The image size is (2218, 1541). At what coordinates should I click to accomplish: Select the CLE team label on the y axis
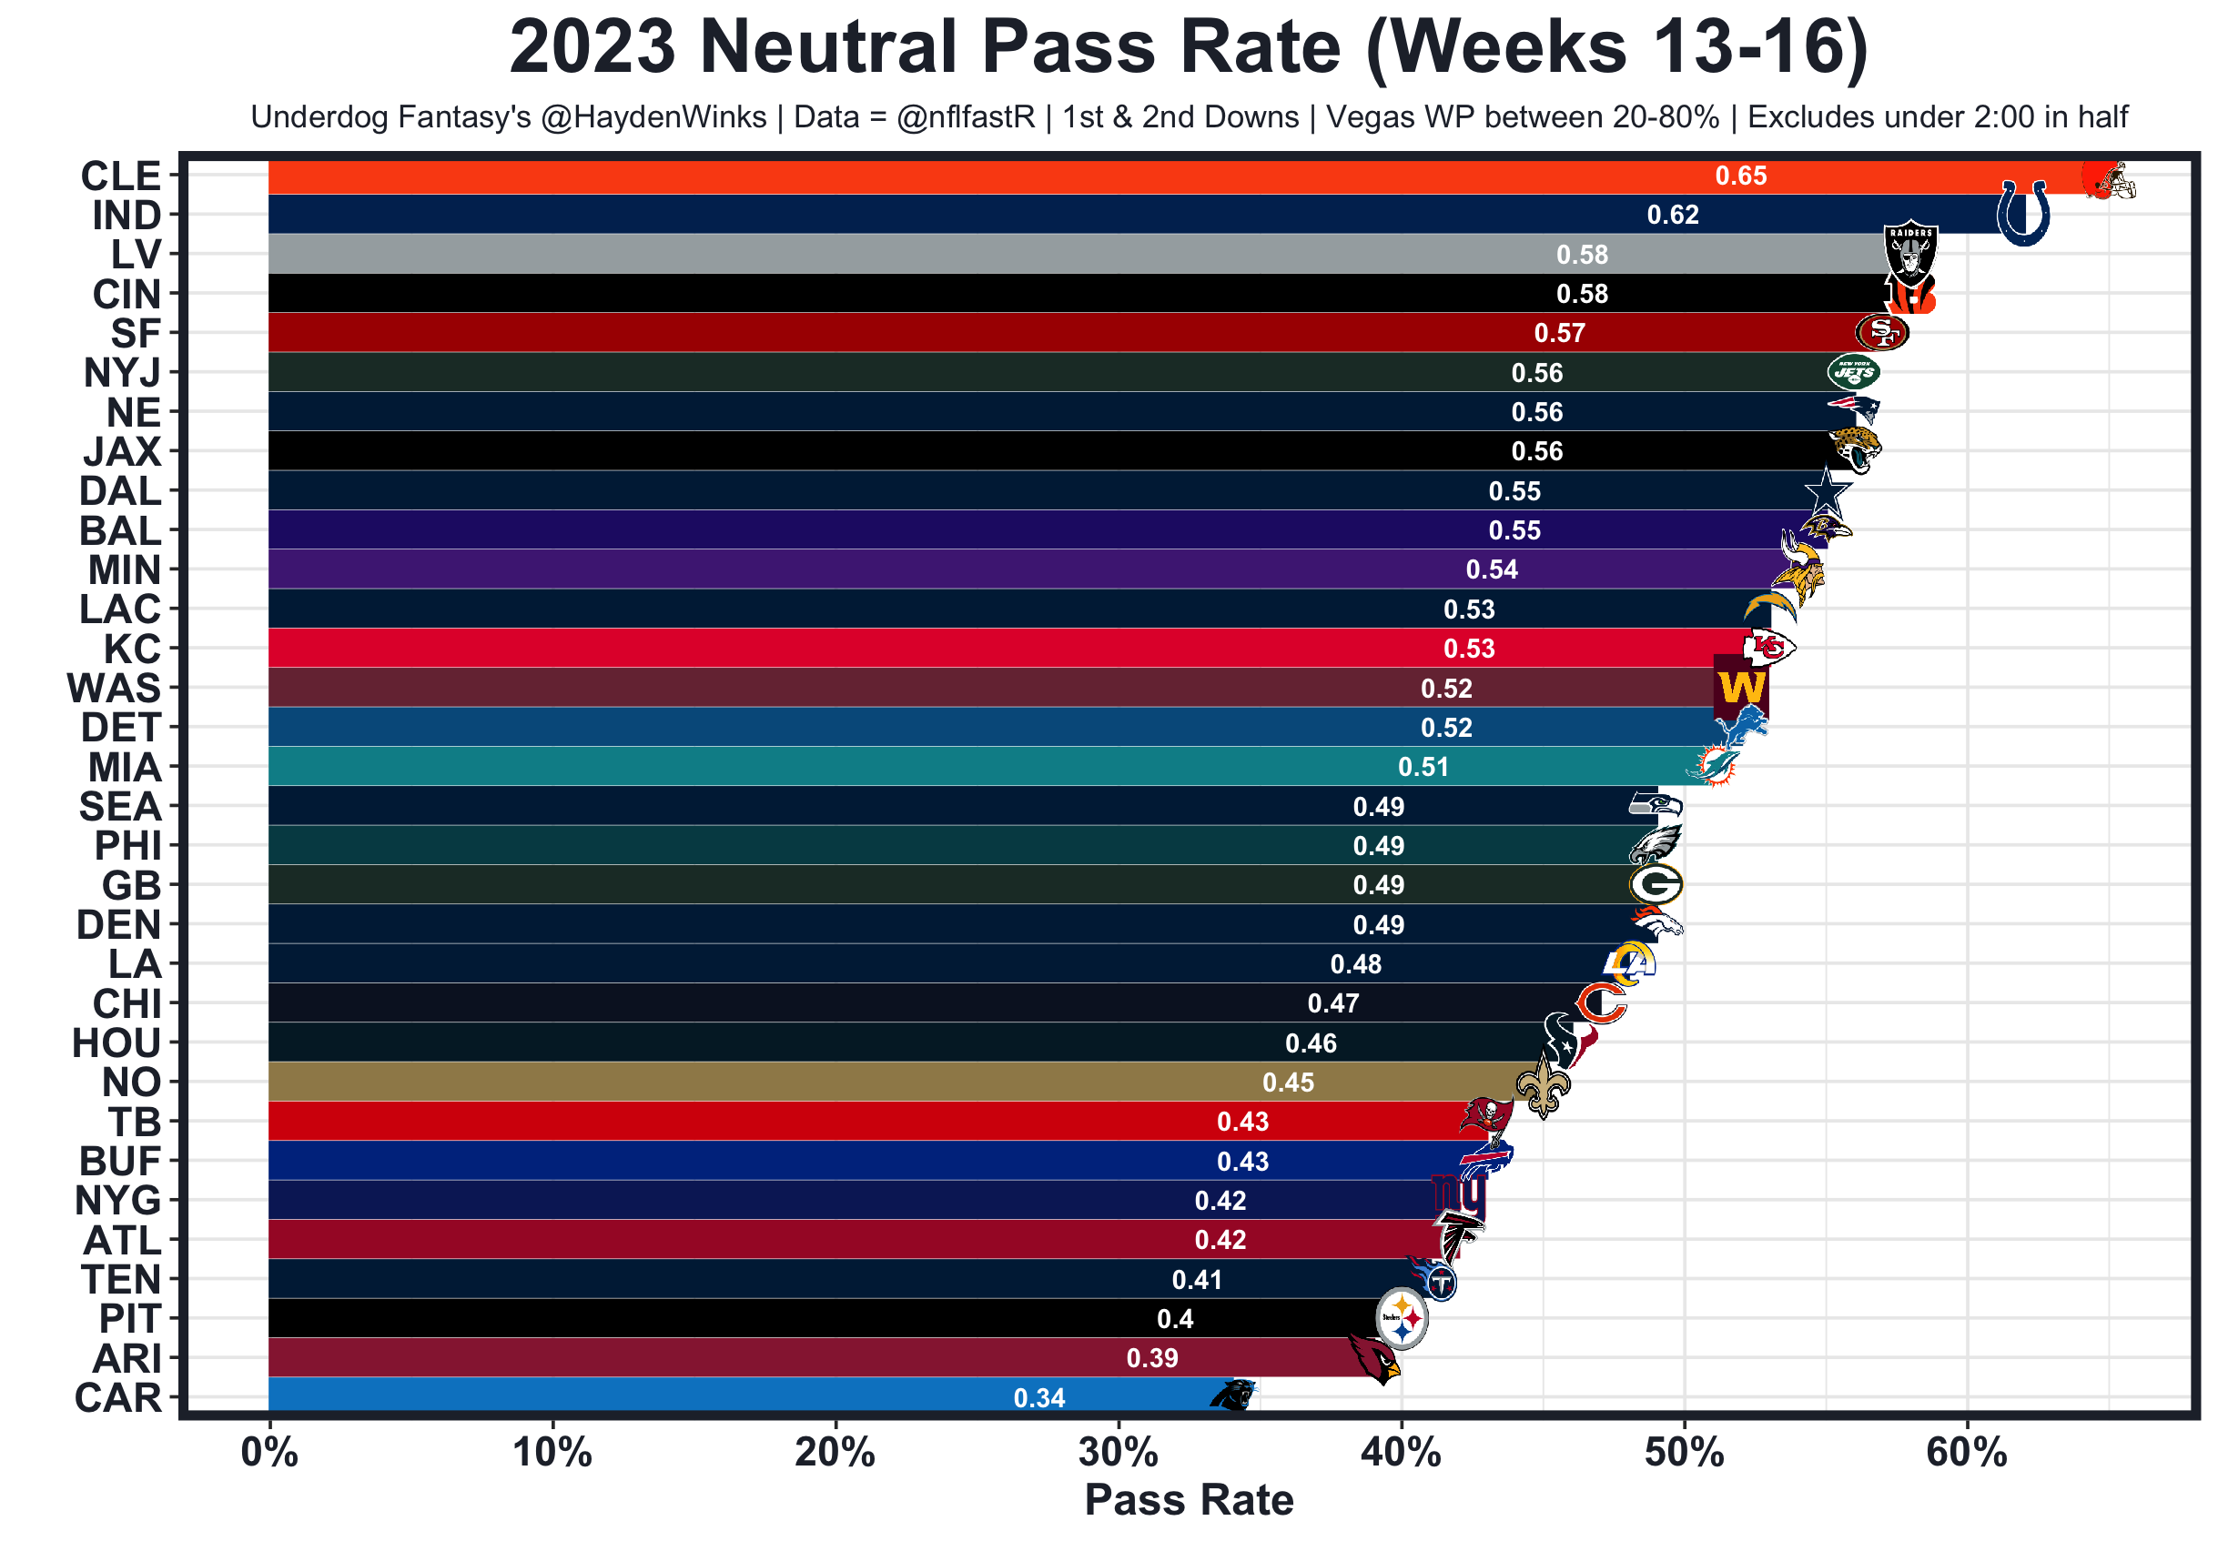pyautogui.click(x=121, y=176)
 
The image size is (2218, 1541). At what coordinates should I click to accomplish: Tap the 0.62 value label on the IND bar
pyautogui.click(x=1672, y=216)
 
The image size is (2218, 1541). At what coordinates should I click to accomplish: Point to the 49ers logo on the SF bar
pyautogui.click(x=1881, y=333)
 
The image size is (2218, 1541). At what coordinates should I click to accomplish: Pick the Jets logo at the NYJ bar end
pyautogui.click(x=1852, y=373)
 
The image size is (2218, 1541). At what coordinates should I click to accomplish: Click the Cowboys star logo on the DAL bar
pyautogui.click(x=1826, y=491)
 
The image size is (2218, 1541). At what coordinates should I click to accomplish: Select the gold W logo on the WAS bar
pyautogui.click(x=1741, y=689)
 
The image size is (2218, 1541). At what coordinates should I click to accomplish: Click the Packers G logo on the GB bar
pyautogui.click(x=1655, y=884)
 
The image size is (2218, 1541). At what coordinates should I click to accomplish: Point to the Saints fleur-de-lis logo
pyautogui.click(x=1543, y=1084)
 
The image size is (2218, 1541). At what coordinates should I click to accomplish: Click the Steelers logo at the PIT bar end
pyautogui.click(x=1401, y=1318)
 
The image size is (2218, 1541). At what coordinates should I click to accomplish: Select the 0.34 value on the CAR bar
pyautogui.click(x=1038, y=1398)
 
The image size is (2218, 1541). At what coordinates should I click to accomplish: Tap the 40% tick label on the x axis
pyautogui.click(x=1401, y=1452)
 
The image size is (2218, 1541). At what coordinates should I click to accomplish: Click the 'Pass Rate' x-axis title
pyautogui.click(x=1189, y=1500)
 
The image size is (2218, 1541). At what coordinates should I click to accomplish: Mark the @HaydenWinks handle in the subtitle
pyautogui.click(x=653, y=116)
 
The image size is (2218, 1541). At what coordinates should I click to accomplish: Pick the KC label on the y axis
pyautogui.click(x=132, y=649)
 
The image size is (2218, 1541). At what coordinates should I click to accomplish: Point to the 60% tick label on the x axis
pyautogui.click(x=1966, y=1452)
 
